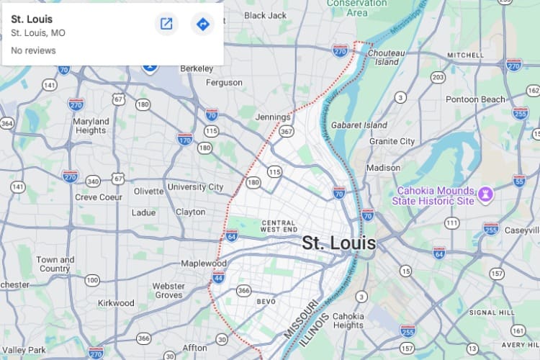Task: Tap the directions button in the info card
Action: [x=202, y=24]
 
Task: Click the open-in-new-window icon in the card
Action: [x=166, y=24]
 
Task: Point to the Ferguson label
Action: [x=225, y=82]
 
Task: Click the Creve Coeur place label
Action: [x=99, y=197]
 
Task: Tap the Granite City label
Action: [x=392, y=141]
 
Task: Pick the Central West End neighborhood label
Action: [x=279, y=225]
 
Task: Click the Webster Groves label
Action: [x=168, y=290]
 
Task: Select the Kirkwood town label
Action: [x=116, y=303]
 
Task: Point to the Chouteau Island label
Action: [x=387, y=57]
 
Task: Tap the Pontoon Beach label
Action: [x=475, y=99]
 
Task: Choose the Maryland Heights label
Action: [x=91, y=125]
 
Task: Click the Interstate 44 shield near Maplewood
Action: [x=218, y=277]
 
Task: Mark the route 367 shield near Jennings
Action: [x=287, y=131]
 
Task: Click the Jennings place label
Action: [x=273, y=117]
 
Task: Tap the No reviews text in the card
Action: [x=33, y=50]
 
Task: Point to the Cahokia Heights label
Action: [x=348, y=320]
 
